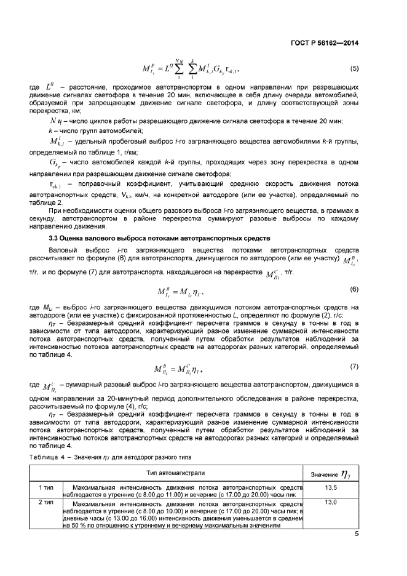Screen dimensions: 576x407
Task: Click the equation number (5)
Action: pos(354,68)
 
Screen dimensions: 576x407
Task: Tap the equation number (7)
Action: pos(354,367)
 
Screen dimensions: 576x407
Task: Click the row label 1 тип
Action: pos(45,486)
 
